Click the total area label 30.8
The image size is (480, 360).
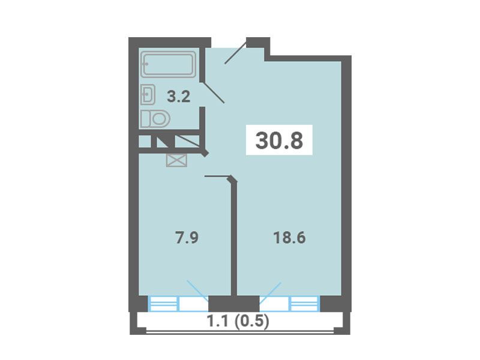pyautogui.click(x=279, y=140)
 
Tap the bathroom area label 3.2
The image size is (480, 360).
pyautogui.click(x=179, y=97)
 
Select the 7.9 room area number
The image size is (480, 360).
pyautogui.click(x=187, y=238)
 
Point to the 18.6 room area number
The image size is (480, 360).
pyautogui.click(x=289, y=238)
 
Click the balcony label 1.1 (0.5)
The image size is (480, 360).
pyautogui.click(x=238, y=321)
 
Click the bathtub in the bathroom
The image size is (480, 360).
pyautogui.click(x=169, y=64)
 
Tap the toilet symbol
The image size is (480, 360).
pyautogui.click(x=155, y=119)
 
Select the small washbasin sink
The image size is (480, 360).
pyautogui.click(x=148, y=95)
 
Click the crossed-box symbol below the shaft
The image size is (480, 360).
pyautogui.click(x=176, y=160)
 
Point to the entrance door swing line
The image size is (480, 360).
pyautogui.click(x=235, y=52)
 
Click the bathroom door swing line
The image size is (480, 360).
pyautogui.click(x=214, y=92)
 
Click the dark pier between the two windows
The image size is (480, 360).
pyautogui.click(x=234, y=304)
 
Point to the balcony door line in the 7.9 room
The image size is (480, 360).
pyautogui.click(x=198, y=291)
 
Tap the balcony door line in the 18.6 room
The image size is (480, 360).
pyautogui.click(x=270, y=293)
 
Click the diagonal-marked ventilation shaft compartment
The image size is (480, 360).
pyautogui.click(x=187, y=142)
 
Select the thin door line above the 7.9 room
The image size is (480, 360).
pyautogui.click(x=217, y=176)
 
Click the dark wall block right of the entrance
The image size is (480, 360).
pyautogui.click(x=258, y=43)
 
